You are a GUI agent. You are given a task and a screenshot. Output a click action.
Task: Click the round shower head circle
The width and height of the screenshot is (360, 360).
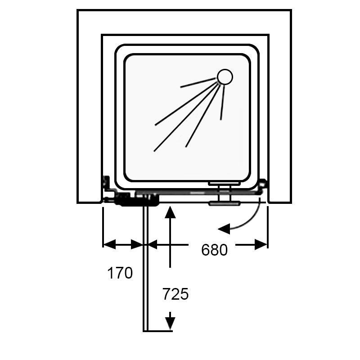tap(225, 77)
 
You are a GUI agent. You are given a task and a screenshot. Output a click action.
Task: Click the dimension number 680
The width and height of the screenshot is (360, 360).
tap(214, 250)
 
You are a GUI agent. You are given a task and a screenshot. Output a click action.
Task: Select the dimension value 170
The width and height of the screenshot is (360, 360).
tap(120, 273)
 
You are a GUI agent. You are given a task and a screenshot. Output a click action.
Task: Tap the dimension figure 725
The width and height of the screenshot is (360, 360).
tap(175, 294)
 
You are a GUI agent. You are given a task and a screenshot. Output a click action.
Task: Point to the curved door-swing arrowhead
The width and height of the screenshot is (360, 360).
tap(223, 229)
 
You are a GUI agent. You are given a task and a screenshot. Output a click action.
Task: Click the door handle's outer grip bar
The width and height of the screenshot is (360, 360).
tap(224, 203)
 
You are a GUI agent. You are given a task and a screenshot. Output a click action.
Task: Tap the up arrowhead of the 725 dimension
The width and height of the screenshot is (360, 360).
tap(170, 211)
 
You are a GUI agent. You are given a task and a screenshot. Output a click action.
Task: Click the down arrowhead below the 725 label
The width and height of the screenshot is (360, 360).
tap(170, 324)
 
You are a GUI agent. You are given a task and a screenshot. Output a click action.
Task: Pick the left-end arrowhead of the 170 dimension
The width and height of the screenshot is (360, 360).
tap(108, 244)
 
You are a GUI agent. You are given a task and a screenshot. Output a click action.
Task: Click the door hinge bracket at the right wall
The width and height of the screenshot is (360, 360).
tap(262, 186)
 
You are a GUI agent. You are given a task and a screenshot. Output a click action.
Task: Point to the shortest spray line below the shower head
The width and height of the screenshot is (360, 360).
tap(222, 103)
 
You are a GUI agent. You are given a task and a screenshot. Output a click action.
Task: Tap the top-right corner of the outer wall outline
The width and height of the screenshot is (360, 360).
tap(291, 10)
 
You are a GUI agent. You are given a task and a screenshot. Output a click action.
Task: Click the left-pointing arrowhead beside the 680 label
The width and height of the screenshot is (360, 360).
tap(153, 244)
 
